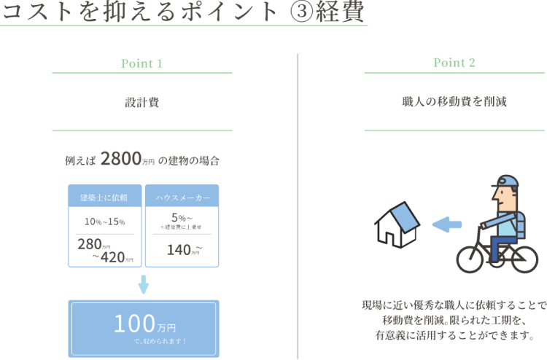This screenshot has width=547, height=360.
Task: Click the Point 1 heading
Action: (141, 63)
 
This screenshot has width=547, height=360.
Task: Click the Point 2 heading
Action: (454, 63)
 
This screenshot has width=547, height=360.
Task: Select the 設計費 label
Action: (141, 103)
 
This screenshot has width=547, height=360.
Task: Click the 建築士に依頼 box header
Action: (104, 197)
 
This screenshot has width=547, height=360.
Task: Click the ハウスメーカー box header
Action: (182, 197)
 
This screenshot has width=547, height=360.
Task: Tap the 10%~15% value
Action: (104, 221)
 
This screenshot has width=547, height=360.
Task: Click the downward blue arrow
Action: (143, 284)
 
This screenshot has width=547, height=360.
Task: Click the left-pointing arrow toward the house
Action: (447, 225)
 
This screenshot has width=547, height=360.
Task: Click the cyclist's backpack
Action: (519, 225)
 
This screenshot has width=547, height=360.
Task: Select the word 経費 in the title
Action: (340, 12)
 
